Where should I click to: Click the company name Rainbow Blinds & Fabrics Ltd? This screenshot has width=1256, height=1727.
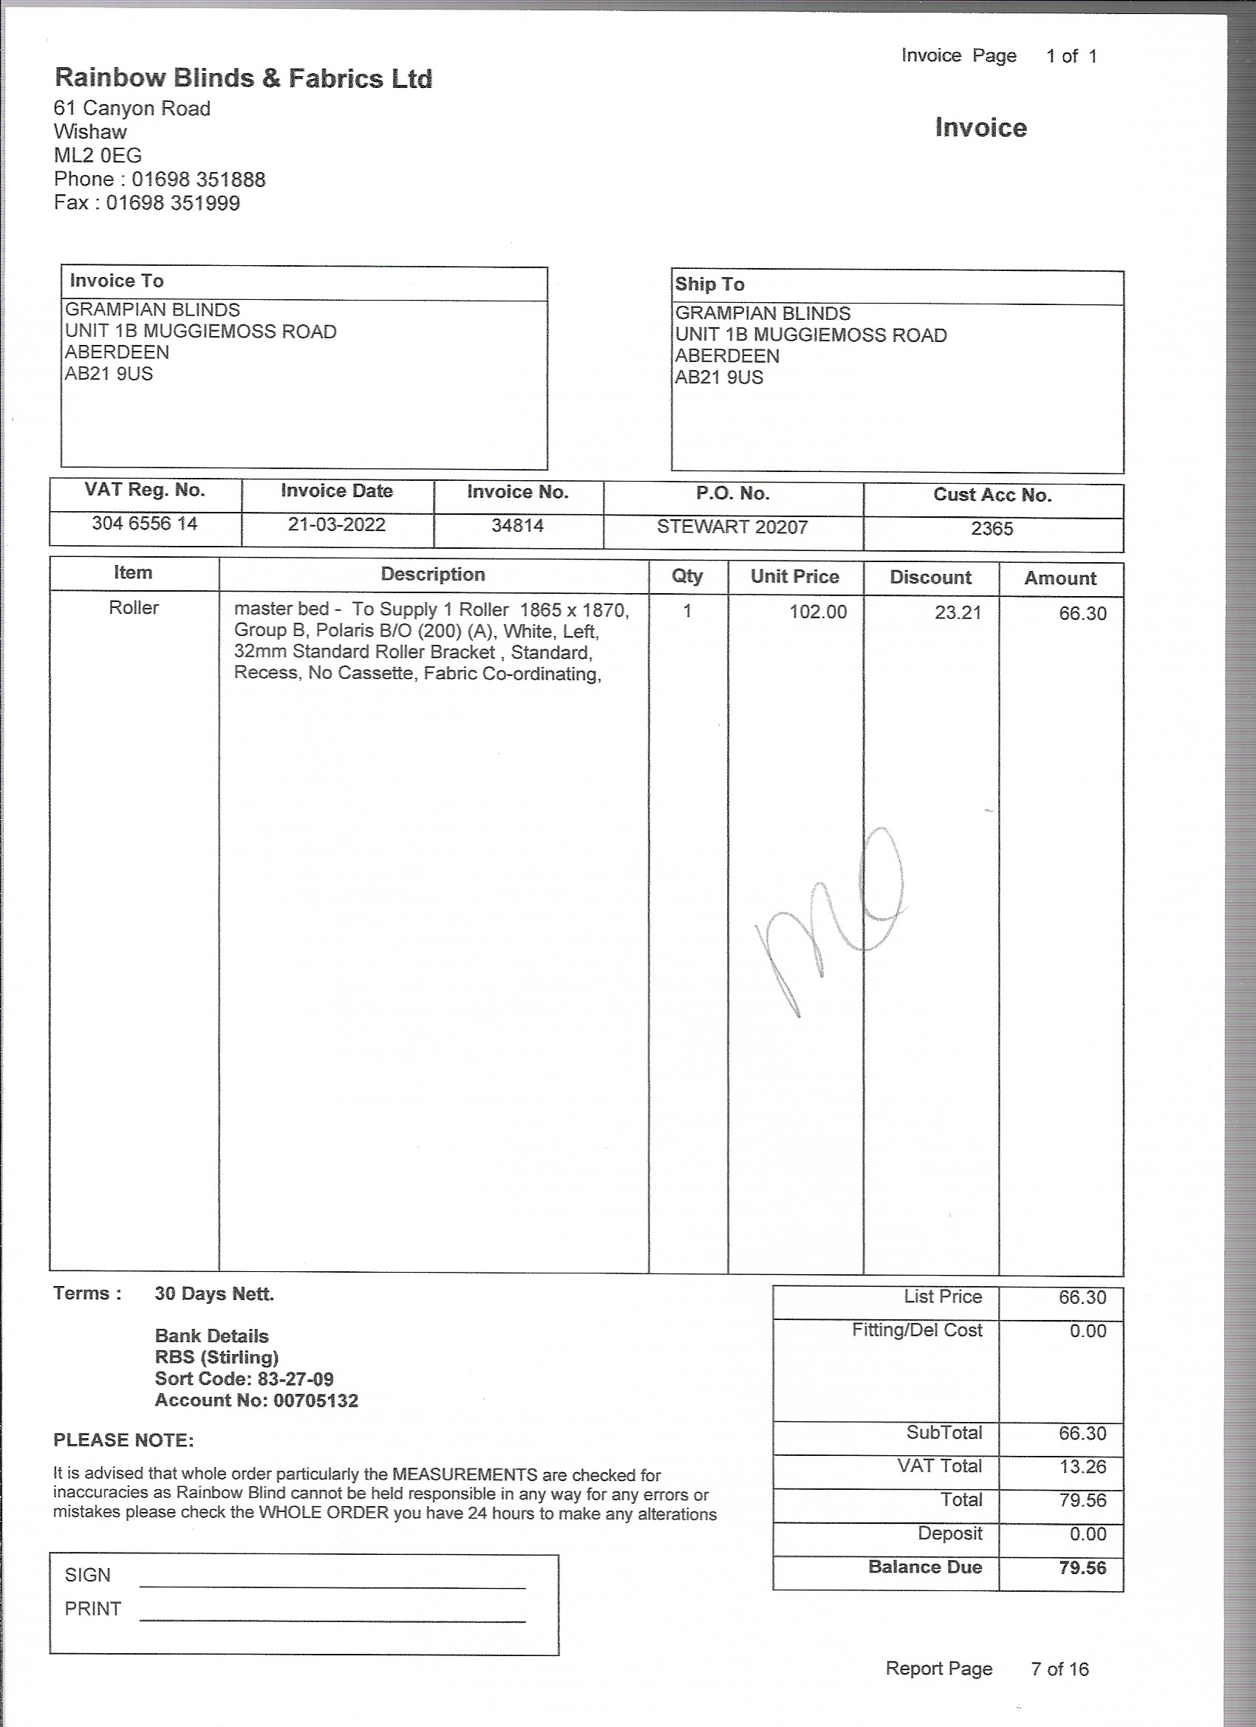[x=243, y=78]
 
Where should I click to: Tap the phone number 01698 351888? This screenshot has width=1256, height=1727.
[x=198, y=179]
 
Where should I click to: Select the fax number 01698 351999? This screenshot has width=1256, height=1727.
[x=173, y=203]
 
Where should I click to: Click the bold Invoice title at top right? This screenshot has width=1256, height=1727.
[x=980, y=128]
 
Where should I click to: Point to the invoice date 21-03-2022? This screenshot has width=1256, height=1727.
[x=337, y=524]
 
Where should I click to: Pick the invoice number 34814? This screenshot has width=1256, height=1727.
[x=517, y=525]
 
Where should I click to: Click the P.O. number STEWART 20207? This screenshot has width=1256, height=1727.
[x=732, y=527]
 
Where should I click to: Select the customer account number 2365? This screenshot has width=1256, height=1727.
[x=992, y=528]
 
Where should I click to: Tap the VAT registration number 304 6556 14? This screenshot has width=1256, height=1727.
[x=145, y=523]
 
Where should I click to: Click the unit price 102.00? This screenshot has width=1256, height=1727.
[x=817, y=612]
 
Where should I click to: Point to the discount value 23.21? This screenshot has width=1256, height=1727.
[x=958, y=613]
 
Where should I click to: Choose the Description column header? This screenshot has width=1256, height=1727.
[x=433, y=574]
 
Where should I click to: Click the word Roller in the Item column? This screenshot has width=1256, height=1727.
[x=134, y=608]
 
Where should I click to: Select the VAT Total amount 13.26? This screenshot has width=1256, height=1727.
[x=1082, y=1466]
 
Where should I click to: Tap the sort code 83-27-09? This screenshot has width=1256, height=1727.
[x=296, y=1379]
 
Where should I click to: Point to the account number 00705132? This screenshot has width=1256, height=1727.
[x=315, y=1401]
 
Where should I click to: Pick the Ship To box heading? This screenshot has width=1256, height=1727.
[x=709, y=284]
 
